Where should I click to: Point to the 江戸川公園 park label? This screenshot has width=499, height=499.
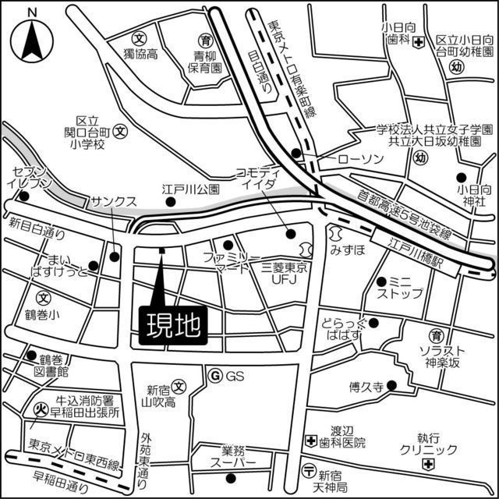click(191, 189)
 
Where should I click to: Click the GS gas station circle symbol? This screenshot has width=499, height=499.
click(216, 377)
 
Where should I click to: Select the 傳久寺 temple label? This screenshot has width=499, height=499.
click(366, 386)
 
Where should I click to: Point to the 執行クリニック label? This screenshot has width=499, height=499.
click(428, 444)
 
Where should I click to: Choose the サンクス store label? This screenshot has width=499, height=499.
click(113, 200)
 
